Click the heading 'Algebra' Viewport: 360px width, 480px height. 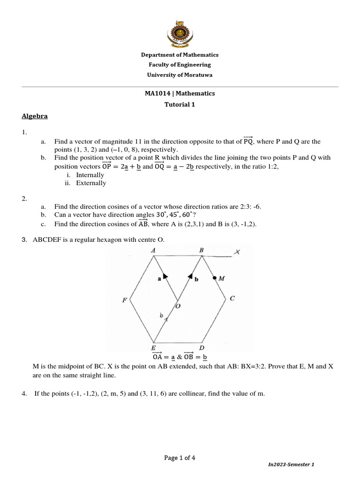[x=35, y=116]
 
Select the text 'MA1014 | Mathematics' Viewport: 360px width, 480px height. [x=180, y=93]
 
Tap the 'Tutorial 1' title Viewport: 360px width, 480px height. [x=180, y=105]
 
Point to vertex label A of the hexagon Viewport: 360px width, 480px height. [x=153, y=250]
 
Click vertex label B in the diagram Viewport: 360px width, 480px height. [x=202, y=250]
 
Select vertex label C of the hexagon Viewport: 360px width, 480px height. [x=232, y=298]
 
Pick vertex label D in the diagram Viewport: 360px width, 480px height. [x=202, y=348]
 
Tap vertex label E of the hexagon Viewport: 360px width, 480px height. [x=153, y=348]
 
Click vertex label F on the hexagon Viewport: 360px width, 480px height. [x=125, y=300]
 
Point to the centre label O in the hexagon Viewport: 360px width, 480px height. [x=178, y=306]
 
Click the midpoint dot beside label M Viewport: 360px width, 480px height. [x=215, y=278]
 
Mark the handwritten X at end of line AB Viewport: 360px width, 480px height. [x=237, y=252]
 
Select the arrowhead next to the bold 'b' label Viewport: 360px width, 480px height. [x=191, y=277]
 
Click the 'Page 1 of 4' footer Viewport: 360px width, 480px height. [x=180, y=458]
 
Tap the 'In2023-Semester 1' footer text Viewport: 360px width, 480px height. [x=291, y=464]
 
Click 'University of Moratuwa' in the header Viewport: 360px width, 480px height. [x=180, y=75]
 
